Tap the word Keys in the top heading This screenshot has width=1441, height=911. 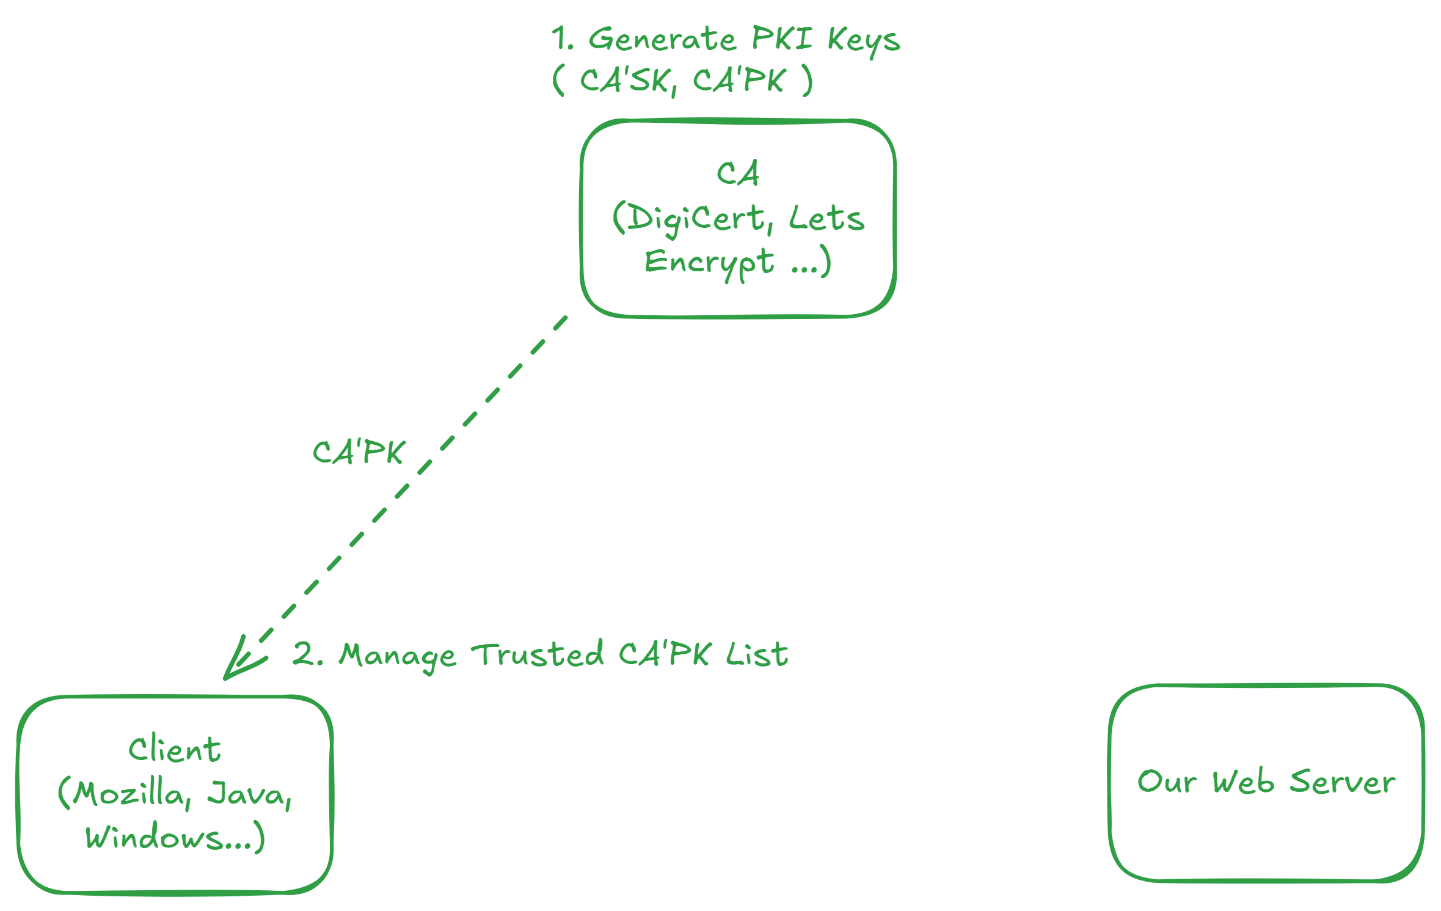coord(863,42)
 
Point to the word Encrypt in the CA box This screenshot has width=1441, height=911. coord(709,263)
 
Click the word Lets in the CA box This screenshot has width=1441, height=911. coord(826,219)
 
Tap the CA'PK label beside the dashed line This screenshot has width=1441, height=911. coord(359,453)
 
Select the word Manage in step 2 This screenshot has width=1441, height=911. coord(398,656)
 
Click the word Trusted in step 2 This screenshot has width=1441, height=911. coord(538,654)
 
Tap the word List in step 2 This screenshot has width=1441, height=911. coord(757,654)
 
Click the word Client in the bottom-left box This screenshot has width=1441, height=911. coord(175,750)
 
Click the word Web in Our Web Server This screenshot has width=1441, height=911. coord(1243,782)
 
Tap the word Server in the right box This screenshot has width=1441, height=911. coord(1342,782)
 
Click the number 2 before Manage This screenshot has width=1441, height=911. coord(304,654)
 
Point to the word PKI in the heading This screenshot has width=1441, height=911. coord(781,38)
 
